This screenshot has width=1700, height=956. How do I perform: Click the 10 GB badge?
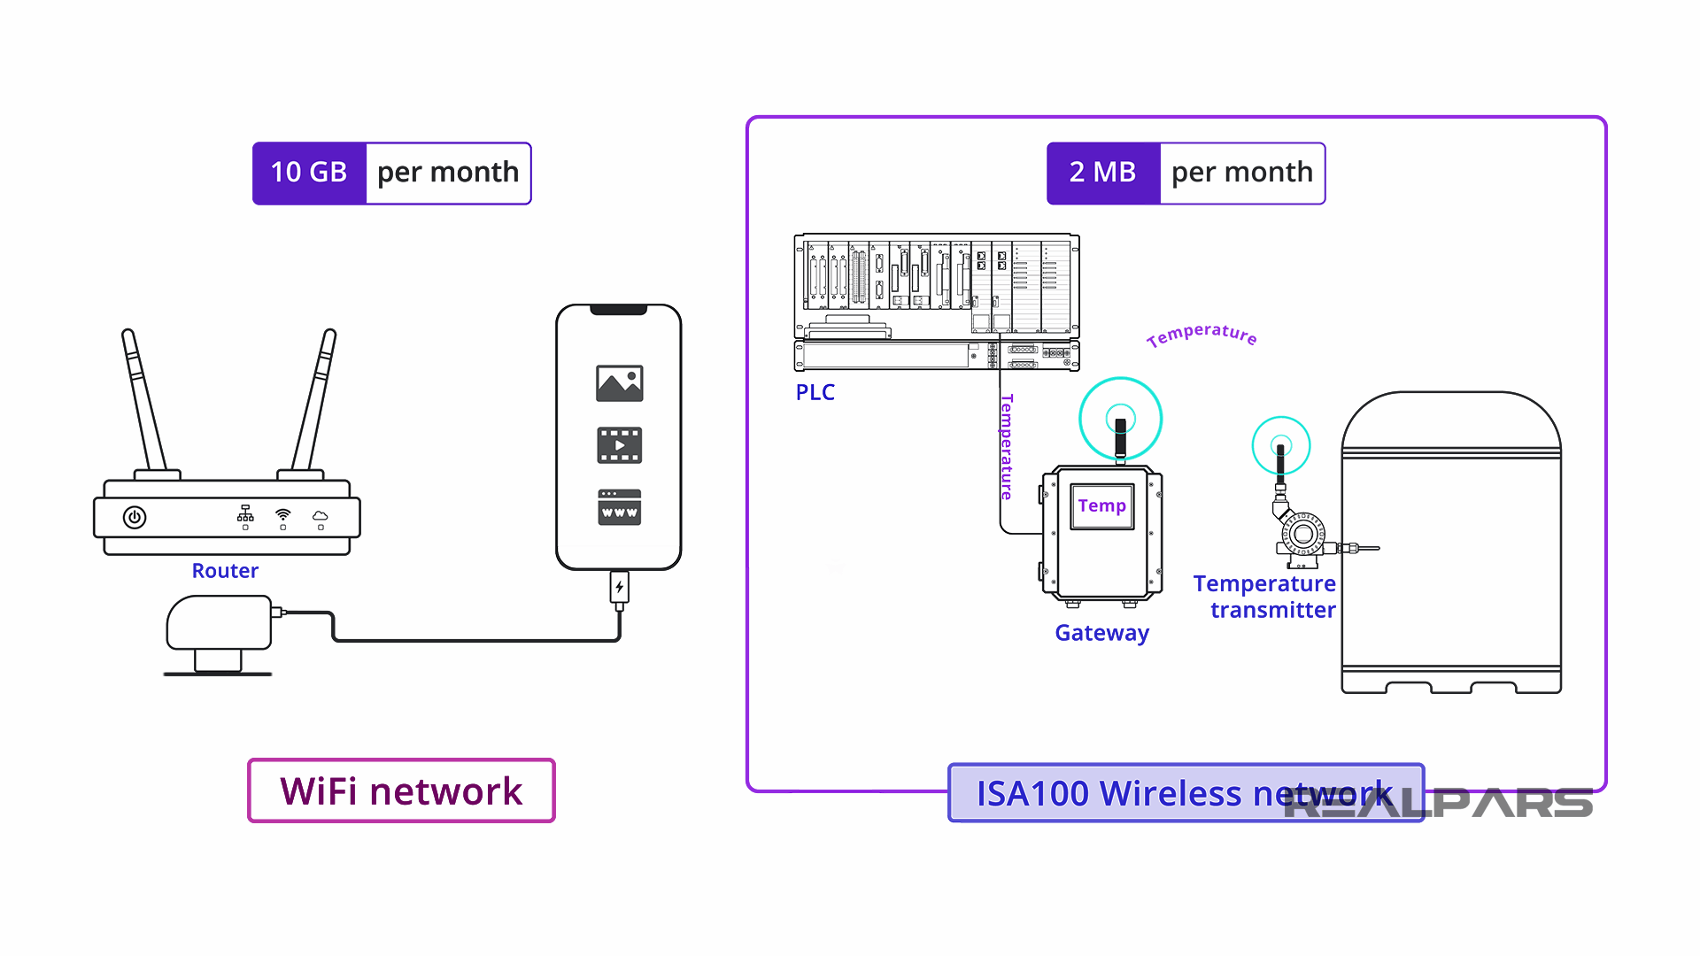[309, 173]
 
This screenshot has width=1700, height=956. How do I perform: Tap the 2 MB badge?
[1102, 173]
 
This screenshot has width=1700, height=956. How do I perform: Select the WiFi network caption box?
[401, 790]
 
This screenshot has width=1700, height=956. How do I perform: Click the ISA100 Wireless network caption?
[1185, 793]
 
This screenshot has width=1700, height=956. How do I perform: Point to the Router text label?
[225, 571]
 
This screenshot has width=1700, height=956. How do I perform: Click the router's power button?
[135, 517]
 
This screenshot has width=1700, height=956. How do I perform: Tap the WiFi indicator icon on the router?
[283, 514]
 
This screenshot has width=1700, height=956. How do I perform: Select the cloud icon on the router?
[321, 515]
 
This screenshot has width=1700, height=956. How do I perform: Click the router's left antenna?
[143, 398]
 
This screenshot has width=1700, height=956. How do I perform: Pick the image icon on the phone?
[619, 383]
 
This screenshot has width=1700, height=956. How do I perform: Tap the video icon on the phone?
[619, 445]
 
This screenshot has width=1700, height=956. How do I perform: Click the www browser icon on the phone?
[619, 507]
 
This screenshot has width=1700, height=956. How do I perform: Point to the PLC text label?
[815, 392]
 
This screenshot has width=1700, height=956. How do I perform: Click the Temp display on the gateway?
[1101, 506]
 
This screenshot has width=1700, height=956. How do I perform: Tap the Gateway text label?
[1101, 633]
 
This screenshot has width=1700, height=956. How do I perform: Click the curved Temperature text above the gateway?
[1202, 334]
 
